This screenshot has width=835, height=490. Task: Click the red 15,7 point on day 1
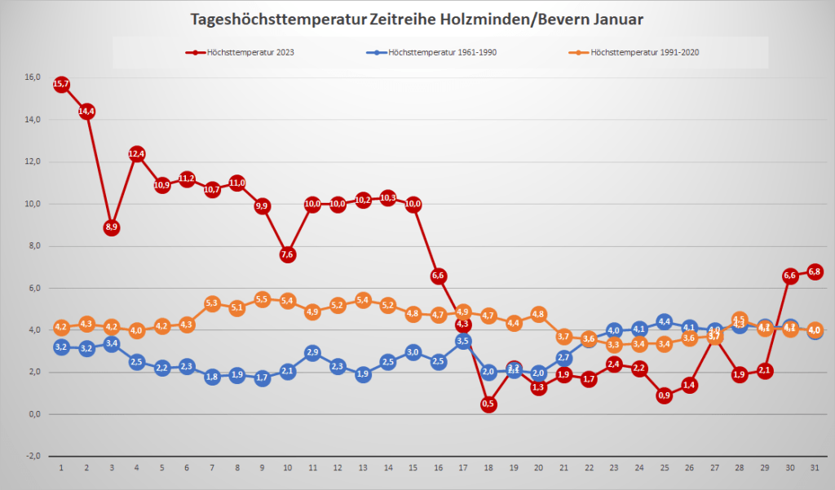click(61, 84)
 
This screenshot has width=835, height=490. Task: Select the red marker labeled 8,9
click(112, 227)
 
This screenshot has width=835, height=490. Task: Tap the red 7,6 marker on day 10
click(287, 254)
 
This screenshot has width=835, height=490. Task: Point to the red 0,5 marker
click(488, 404)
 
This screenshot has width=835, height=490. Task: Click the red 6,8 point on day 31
click(814, 271)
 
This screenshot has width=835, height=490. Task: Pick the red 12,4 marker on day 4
click(137, 153)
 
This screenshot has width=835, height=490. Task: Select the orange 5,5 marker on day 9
click(263, 299)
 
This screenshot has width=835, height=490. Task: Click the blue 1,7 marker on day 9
click(263, 378)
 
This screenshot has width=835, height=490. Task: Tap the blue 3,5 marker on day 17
click(463, 341)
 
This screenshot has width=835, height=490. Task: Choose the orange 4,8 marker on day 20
click(538, 314)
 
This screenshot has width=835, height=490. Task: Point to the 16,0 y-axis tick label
click(33, 77)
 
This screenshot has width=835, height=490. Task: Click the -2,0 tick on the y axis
click(33, 456)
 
